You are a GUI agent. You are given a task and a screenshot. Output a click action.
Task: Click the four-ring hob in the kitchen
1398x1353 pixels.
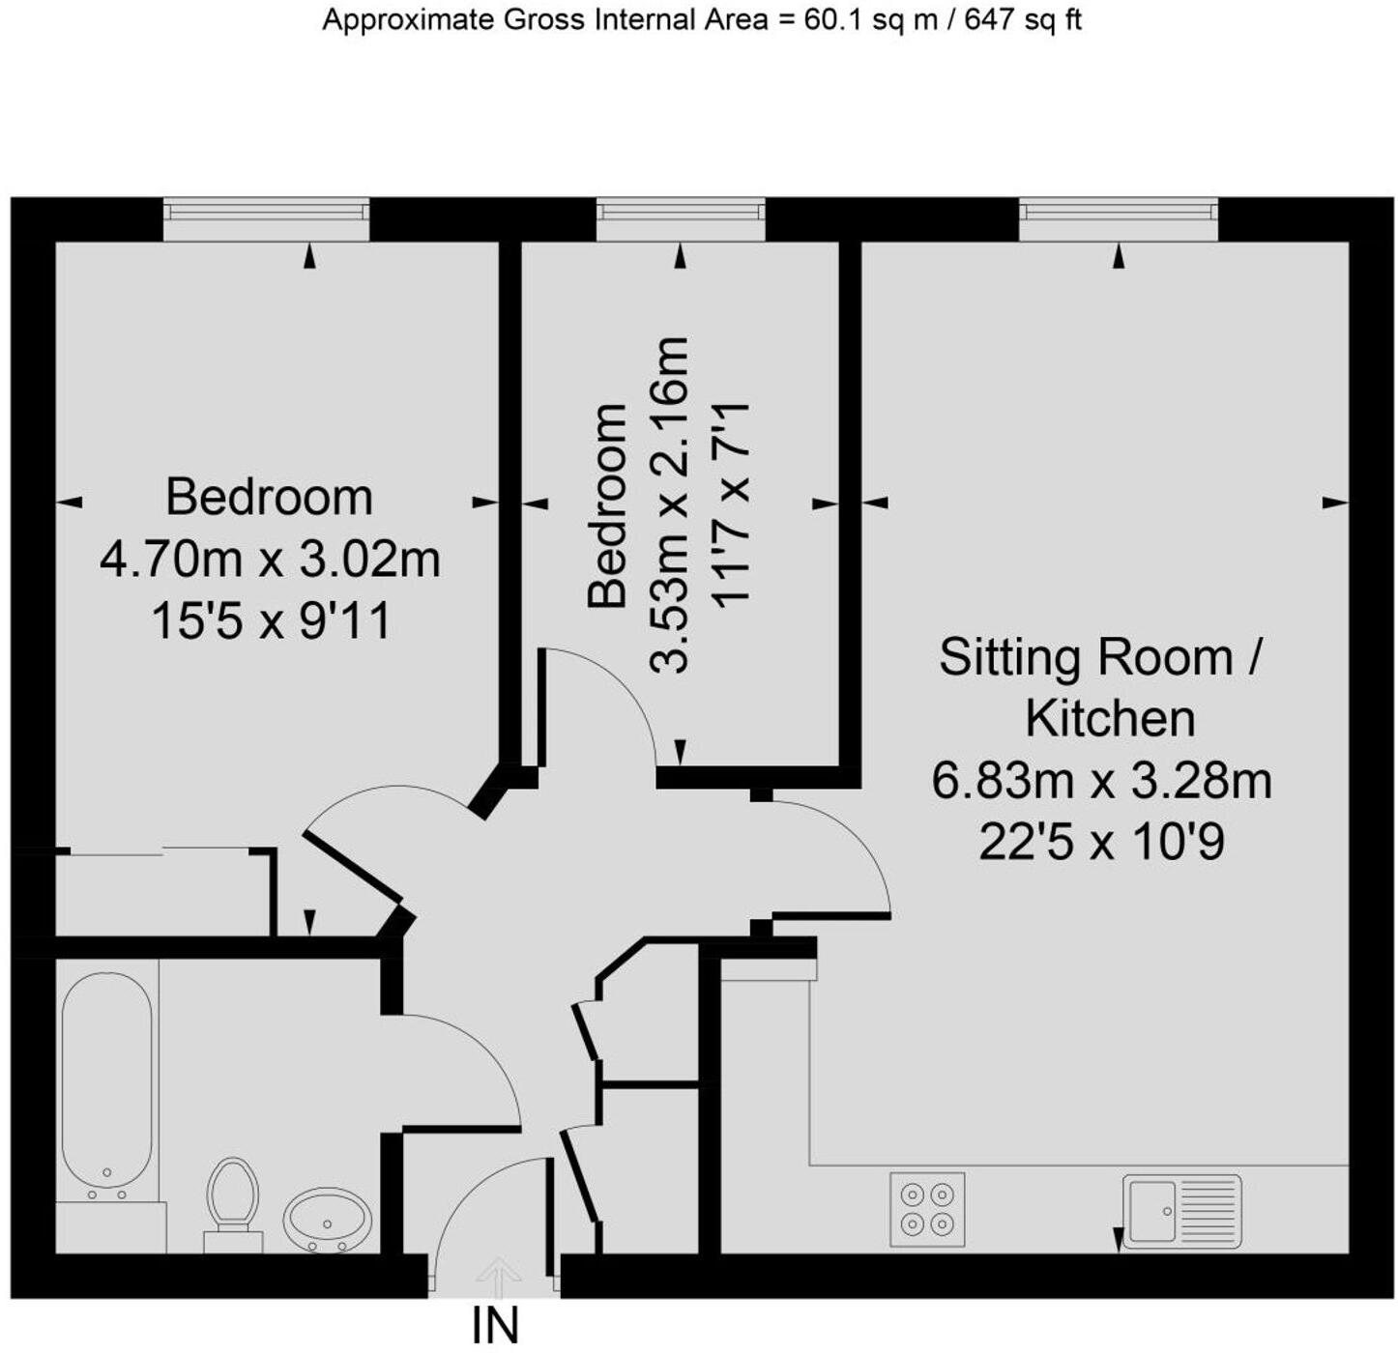click(x=927, y=1209)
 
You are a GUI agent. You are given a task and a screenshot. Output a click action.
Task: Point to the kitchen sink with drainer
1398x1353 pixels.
click(x=1181, y=1208)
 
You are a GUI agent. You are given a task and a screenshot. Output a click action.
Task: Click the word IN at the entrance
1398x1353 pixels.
click(x=496, y=1326)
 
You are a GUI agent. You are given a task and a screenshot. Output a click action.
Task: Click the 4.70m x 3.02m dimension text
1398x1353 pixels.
click(x=270, y=560)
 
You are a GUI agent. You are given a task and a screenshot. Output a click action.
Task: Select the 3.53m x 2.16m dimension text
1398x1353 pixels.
click(x=670, y=504)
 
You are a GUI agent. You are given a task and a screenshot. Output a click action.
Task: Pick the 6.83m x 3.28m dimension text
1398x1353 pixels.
click(x=1101, y=781)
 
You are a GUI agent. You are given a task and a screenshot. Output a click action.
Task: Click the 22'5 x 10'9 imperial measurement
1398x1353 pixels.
click(x=1101, y=843)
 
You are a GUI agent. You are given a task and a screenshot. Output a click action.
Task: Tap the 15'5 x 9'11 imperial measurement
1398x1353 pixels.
click(x=271, y=620)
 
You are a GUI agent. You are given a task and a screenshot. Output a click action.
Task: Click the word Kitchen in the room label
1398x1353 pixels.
click(x=1110, y=719)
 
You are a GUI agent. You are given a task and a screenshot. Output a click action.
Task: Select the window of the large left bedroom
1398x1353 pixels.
click(x=266, y=220)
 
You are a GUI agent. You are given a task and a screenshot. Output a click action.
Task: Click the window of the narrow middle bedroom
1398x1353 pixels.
click(x=681, y=220)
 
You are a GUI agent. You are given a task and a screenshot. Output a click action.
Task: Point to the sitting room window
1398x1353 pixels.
click(x=1118, y=220)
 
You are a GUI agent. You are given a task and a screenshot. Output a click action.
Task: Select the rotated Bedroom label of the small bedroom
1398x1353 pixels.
click(x=608, y=504)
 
